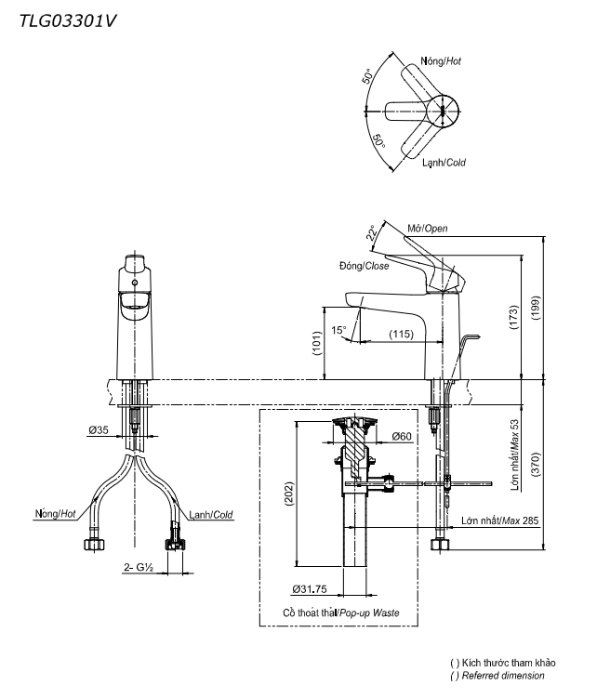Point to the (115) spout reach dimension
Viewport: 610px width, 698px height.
pyautogui.click(x=401, y=334)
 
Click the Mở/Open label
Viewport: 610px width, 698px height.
pyautogui.click(x=429, y=229)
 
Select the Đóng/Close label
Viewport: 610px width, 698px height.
pyautogui.click(x=364, y=266)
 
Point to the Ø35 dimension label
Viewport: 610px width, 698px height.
pyautogui.click(x=99, y=430)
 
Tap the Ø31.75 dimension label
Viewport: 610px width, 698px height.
pyautogui.click(x=309, y=588)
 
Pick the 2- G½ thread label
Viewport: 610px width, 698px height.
pyautogui.click(x=137, y=566)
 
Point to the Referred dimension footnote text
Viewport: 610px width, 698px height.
pyautogui.click(x=497, y=676)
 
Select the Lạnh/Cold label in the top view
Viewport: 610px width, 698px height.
pyautogui.click(x=444, y=162)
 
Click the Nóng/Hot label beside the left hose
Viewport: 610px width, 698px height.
pyautogui.click(x=55, y=513)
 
